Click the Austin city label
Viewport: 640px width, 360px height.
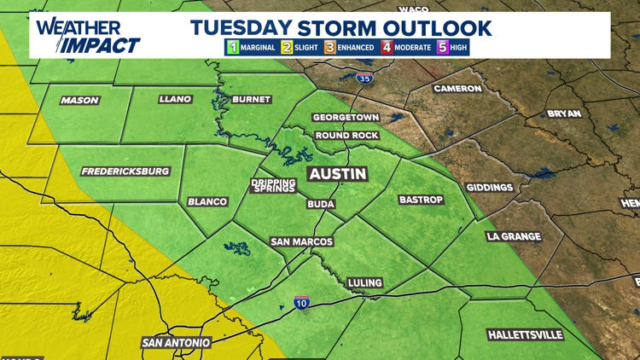click(x=337, y=174)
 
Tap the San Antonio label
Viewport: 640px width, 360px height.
click(x=176, y=343)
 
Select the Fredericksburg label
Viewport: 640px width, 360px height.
click(x=125, y=171)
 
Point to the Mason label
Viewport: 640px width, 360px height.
click(x=79, y=101)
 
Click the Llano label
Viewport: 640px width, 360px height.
click(x=175, y=100)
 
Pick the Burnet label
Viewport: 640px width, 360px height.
click(x=251, y=100)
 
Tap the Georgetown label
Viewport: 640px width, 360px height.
click(x=346, y=117)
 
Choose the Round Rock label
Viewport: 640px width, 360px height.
click(x=345, y=136)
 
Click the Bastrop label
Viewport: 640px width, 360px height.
click(x=422, y=200)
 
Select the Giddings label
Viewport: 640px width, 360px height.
click(x=490, y=188)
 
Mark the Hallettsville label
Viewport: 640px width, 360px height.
click(x=527, y=334)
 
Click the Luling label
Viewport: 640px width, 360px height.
click(x=365, y=282)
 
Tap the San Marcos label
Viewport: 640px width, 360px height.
click(x=301, y=242)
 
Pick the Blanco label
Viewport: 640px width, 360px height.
click(x=207, y=202)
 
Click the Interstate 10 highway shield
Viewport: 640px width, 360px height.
click(x=301, y=303)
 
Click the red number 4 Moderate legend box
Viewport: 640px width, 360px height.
click(x=387, y=48)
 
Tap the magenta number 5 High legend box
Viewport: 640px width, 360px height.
click(x=442, y=48)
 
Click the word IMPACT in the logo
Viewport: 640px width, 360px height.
click(x=103, y=44)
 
